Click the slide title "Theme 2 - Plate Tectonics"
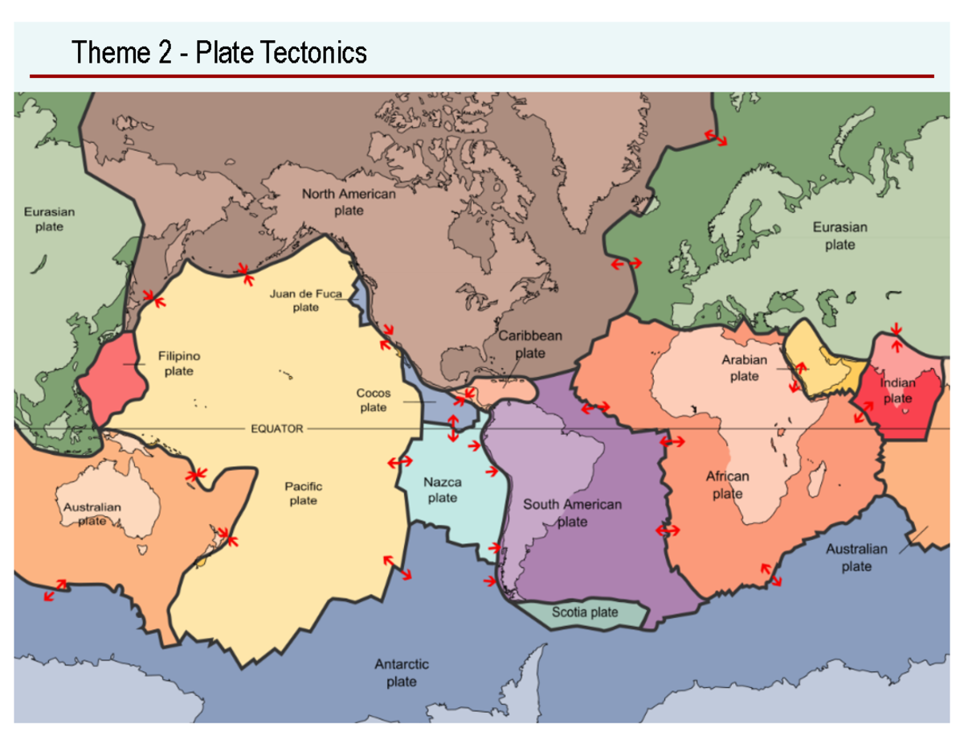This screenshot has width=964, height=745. tap(219, 52)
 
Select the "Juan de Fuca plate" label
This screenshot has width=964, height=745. tap(305, 301)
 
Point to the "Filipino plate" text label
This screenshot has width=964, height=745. tap(178, 363)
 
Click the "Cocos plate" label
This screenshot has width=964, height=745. tap(373, 399)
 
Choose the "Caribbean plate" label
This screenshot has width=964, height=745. tap(530, 344)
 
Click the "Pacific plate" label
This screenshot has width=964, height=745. tap(303, 493)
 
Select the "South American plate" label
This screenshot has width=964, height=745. tap(572, 513)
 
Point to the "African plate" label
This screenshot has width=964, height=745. tap(727, 485)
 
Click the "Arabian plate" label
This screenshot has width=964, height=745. tap(744, 368)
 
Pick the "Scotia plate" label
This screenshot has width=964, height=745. tap(585, 613)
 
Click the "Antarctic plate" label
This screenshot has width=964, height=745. tap(401, 673)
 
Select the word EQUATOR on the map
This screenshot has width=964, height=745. tap(277, 429)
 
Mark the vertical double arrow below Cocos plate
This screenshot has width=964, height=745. tap(453, 427)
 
